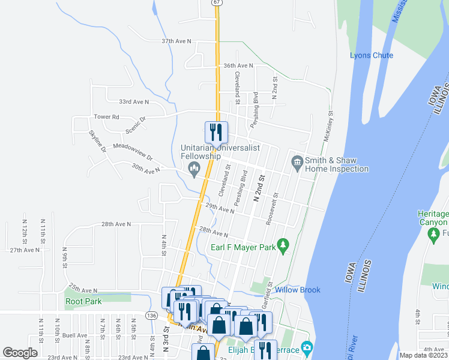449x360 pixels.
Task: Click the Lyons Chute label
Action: [372, 56]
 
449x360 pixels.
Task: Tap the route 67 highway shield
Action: [216, 2]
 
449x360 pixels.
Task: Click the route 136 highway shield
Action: [151, 316]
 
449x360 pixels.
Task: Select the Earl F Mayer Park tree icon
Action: [285, 246]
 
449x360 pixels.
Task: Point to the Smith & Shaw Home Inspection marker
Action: [297, 162]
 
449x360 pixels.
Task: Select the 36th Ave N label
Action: [238, 65]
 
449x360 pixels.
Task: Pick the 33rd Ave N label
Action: [134, 103]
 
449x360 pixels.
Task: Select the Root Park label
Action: [83, 302]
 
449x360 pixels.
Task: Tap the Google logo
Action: [20, 353]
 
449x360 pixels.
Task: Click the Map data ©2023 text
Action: [423, 355]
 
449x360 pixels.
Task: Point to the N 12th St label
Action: [25, 227]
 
